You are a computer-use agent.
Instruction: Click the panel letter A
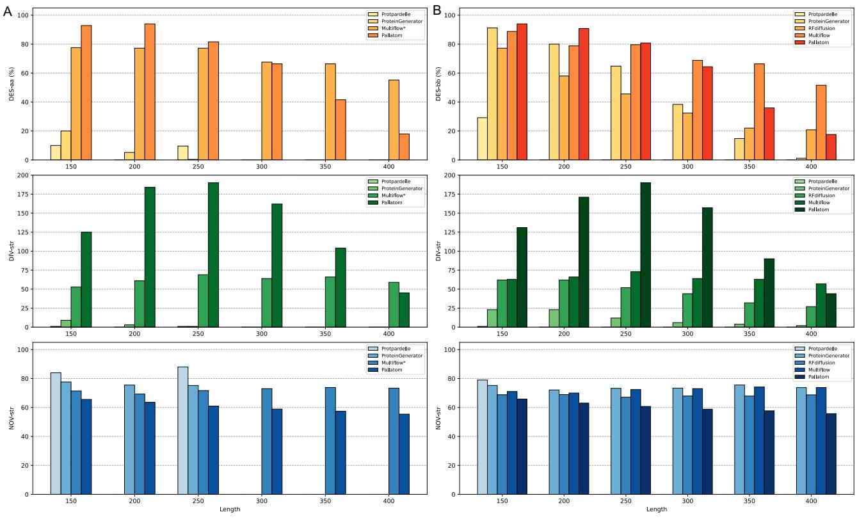point(8,11)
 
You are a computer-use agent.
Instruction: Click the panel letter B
point(437,11)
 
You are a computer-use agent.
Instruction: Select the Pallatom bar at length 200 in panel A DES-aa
point(150,92)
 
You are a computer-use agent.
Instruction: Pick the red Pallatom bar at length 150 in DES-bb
point(522,92)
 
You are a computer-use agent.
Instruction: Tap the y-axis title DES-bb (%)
point(438,84)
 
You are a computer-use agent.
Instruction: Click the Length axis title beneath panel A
point(230,510)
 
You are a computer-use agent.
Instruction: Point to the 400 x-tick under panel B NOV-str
point(811,502)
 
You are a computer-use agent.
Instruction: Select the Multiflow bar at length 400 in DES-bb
point(821,122)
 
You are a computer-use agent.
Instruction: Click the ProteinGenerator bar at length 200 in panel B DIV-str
point(554,318)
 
